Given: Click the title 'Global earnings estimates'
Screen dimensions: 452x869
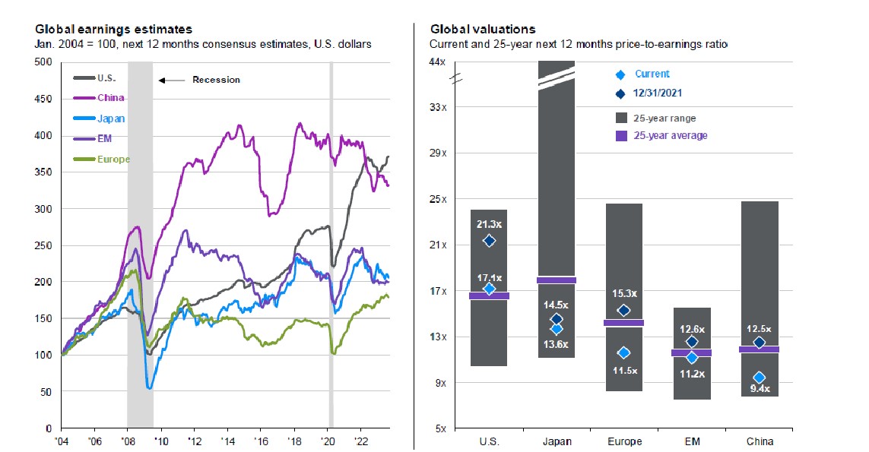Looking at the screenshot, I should click(x=113, y=29).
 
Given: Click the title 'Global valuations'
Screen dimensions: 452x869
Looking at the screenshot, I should click(x=483, y=29).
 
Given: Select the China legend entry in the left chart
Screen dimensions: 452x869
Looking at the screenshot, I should click(x=111, y=97).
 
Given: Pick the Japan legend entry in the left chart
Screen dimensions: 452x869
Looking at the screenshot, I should click(x=112, y=118).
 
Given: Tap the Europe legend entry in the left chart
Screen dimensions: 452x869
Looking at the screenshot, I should click(x=113, y=160).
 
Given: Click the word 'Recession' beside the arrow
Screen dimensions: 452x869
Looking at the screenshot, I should click(x=216, y=80).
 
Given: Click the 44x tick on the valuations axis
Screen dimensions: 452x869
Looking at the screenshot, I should click(x=439, y=61).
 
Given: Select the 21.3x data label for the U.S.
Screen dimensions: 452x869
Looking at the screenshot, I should click(x=489, y=224).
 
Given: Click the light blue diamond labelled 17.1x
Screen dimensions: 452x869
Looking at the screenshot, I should click(x=490, y=289).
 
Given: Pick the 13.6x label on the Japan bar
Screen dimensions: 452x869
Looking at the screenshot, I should click(x=557, y=344).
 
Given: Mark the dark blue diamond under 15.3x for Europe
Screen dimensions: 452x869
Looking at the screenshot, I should click(x=624, y=310).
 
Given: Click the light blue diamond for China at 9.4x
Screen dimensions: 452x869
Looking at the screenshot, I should click(x=759, y=378).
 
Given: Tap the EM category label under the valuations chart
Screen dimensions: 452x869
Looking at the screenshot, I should click(x=692, y=442).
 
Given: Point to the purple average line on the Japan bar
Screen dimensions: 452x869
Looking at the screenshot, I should click(x=557, y=280).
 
